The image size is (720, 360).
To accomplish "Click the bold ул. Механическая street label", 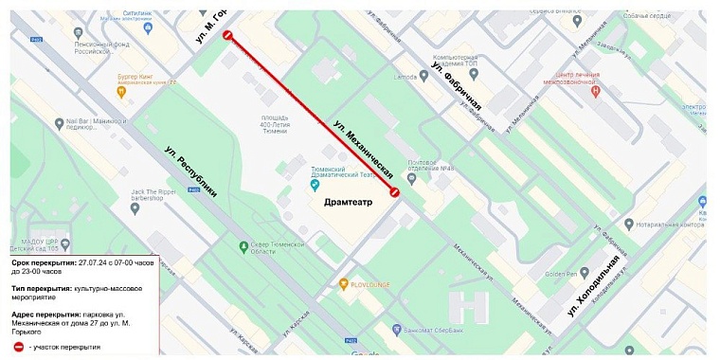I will (x=363, y=150).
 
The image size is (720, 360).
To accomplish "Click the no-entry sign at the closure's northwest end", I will (x=227, y=35).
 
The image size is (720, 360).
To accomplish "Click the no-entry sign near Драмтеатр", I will (x=395, y=192).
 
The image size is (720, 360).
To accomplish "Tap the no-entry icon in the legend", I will (x=19, y=347).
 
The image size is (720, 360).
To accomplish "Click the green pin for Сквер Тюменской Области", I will (x=242, y=248).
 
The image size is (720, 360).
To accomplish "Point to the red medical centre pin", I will (x=595, y=91).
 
